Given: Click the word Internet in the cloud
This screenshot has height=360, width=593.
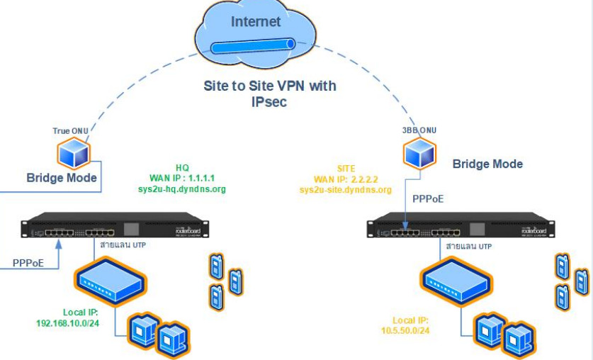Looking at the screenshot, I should click(256, 22).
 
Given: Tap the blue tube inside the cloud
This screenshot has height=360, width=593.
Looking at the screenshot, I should click(252, 47).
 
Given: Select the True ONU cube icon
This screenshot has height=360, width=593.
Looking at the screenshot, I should click(73, 152).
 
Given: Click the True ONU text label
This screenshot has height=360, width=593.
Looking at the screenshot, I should click(72, 131).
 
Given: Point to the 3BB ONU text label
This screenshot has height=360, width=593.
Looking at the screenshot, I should click(419, 131).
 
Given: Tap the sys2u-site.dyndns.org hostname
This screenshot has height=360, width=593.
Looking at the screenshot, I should click(345, 190).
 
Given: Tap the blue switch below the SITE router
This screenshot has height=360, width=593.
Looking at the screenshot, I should click(455, 278).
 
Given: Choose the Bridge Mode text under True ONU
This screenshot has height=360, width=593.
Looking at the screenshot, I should click(62, 177).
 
